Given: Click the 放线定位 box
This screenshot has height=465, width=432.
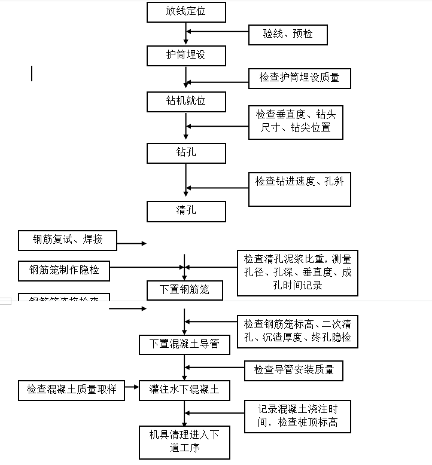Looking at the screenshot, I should [x=186, y=12].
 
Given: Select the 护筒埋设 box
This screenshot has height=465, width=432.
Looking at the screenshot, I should [x=186, y=55].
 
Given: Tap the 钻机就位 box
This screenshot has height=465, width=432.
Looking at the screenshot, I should [x=186, y=101].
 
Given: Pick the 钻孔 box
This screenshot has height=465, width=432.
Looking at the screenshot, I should [x=186, y=153].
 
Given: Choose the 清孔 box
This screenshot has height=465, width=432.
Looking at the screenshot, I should [x=186, y=211].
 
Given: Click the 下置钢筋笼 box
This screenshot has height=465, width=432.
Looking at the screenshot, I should [x=186, y=290].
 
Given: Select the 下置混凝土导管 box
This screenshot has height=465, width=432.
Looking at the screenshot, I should [x=184, y=344].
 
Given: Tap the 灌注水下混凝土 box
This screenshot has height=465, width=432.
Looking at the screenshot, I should [x=184, y=391].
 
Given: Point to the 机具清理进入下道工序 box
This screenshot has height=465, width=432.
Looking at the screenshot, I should [x=184, y=442].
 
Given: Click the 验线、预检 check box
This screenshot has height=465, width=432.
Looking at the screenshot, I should [x=288, y=34].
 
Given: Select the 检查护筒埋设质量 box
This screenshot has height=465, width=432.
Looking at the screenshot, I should [x=299, y=78].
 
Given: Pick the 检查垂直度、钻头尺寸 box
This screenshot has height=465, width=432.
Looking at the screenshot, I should [x=296, y=122].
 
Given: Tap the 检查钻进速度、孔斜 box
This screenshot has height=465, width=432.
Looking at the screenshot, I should [x=299, y=189].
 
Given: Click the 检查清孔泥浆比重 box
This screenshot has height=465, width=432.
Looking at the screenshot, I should [x=297, y=273].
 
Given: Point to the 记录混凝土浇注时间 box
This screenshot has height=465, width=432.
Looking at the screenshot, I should [x=297, y=416].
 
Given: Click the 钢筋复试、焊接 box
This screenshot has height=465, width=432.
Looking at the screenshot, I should [x=68, y=240].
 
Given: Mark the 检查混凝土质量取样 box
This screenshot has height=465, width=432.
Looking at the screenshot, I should [x=71, y=391].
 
